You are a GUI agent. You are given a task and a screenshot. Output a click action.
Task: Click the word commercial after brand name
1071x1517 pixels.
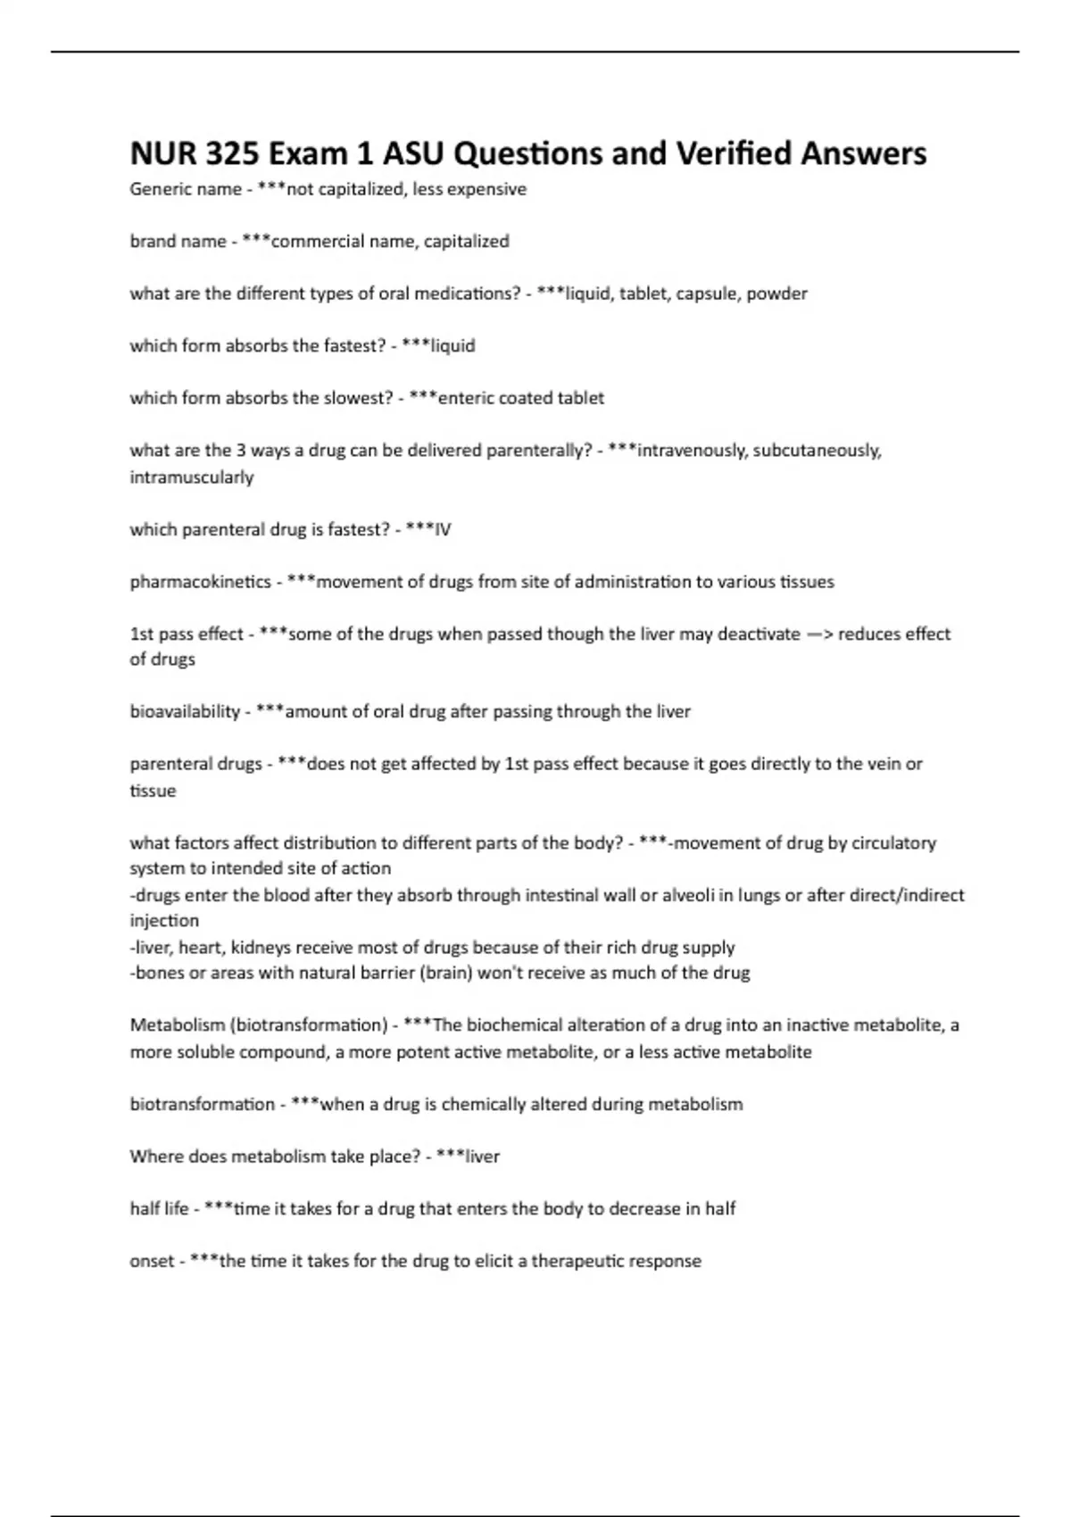coord(312,241)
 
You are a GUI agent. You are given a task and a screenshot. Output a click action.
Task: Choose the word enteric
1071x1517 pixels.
coord(466,398)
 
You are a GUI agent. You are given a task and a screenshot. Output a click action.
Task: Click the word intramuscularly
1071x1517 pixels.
coord(192,477)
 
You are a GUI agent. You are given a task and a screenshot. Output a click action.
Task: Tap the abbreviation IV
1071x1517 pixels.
coord(442,530)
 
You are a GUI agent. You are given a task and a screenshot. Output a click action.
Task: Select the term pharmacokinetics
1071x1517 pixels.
coord(200,582)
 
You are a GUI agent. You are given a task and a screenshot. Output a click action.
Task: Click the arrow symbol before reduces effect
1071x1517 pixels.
coord(818,634)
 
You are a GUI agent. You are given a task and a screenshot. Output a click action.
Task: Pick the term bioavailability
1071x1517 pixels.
coord(185,712)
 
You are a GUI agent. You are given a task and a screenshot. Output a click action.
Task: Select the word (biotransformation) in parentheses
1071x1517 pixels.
coord(312,1025)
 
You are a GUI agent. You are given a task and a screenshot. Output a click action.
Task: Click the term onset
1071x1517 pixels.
coord(152,1262)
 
